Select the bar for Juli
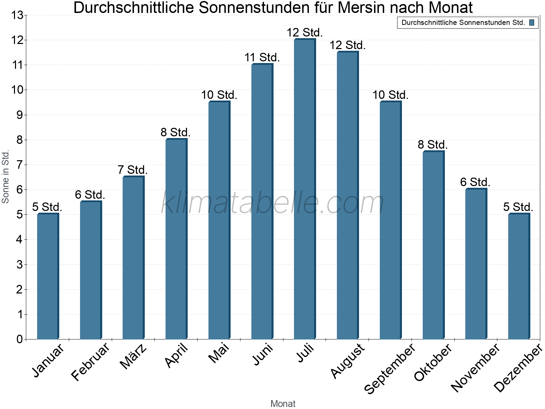point(305,189)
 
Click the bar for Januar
point(48,276)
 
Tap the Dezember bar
point(519,276)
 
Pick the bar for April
point(176,239)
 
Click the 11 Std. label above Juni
point(262,58)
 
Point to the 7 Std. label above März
point(133,170)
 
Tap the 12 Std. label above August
point(347,45)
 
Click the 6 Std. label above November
point(475,182)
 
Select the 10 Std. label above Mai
point(219,95)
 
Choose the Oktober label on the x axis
point(433,362)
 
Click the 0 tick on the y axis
point(19,339)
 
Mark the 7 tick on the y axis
point(19,165)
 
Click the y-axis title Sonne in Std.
point(5,177)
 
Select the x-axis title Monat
point(283,404)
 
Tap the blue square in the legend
point(532,23)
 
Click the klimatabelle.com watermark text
point(272,203)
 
